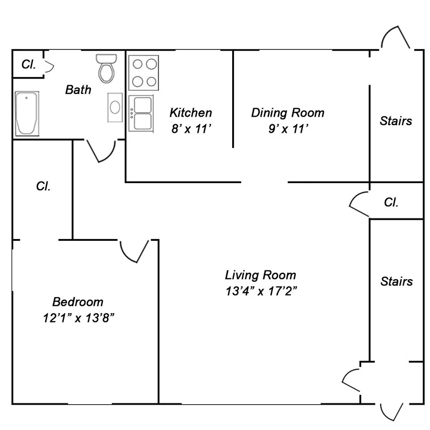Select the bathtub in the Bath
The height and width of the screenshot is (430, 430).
click(x=27, y=114)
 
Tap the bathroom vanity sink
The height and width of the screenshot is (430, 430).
click(x=115, y=107)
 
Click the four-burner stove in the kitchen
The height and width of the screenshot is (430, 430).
click(x=144, y=73)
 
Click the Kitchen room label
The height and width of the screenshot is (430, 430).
click(x=190, y=113)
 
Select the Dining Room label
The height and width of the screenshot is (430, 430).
click(x=288, y=113)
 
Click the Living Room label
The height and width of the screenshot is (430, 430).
click(x=261, y=275)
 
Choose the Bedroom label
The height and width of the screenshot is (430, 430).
click(x=78, y=301)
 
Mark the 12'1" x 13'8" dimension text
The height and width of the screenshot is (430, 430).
click(x=78, y=318)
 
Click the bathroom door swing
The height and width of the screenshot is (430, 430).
click(x=101, y=150)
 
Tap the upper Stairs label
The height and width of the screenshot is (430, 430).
click(x=396, y=121)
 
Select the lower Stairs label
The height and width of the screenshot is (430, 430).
click(x=396, y=281)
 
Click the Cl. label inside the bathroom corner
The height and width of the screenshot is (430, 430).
click(x=29, y=64)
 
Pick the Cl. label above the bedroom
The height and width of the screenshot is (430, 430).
click(x=43, y=186)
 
